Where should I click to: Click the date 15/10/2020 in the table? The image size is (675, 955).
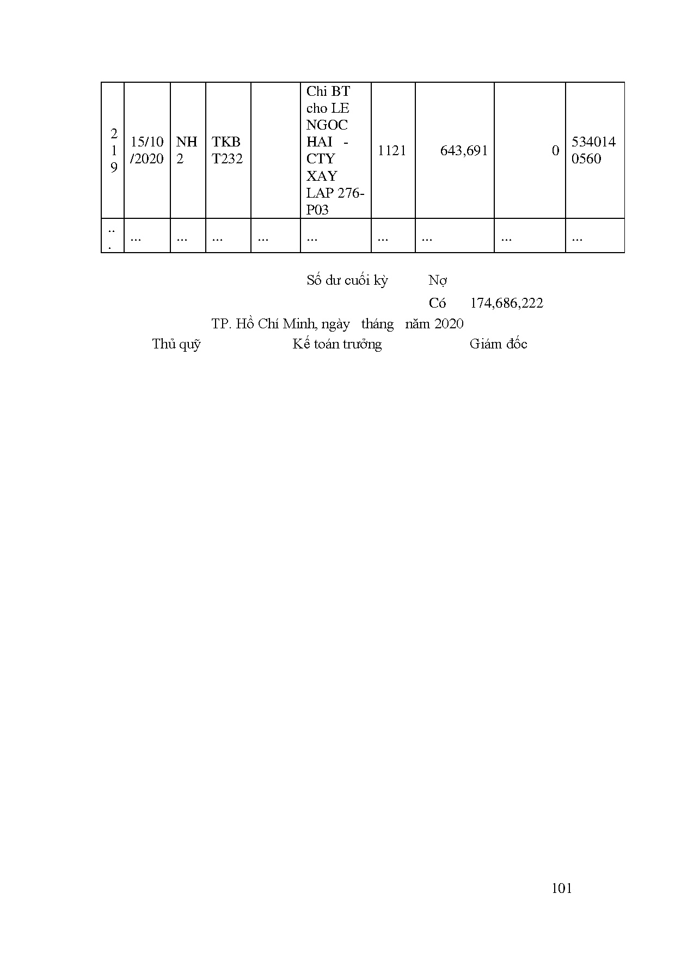(x=147, y=150)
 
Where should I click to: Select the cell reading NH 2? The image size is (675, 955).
(x=186, y=150)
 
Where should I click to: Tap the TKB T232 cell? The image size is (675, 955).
(x=227, y=150)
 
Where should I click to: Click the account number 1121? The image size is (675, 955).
(x=392, y=151)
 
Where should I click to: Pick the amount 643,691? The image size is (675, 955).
(x=464, y=151)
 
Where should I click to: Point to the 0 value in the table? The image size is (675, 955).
(x=555, y=151)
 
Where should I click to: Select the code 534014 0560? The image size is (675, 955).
(x=593, y=150)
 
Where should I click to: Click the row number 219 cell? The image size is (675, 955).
(x=114, y=151)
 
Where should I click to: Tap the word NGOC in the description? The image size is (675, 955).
(x=327, y=125)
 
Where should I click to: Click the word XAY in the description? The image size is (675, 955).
(x=322, y=176)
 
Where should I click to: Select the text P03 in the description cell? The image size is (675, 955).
(x=317, y=210)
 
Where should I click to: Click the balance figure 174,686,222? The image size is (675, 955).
(x=506, y=303)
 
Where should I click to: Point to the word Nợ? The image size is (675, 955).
(x=438, y=280)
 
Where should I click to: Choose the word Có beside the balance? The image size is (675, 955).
(x=437, y=303)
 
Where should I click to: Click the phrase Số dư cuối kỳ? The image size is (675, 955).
(x=347, y=280)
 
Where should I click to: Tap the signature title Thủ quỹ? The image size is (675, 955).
(x=176, y=344)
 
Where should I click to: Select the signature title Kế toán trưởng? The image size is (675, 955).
(x=337, y=344)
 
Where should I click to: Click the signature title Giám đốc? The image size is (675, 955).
(x=498, y=344)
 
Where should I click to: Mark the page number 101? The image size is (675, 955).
(x=562, y=889)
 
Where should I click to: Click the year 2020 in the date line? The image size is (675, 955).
(x=449, y=324)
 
